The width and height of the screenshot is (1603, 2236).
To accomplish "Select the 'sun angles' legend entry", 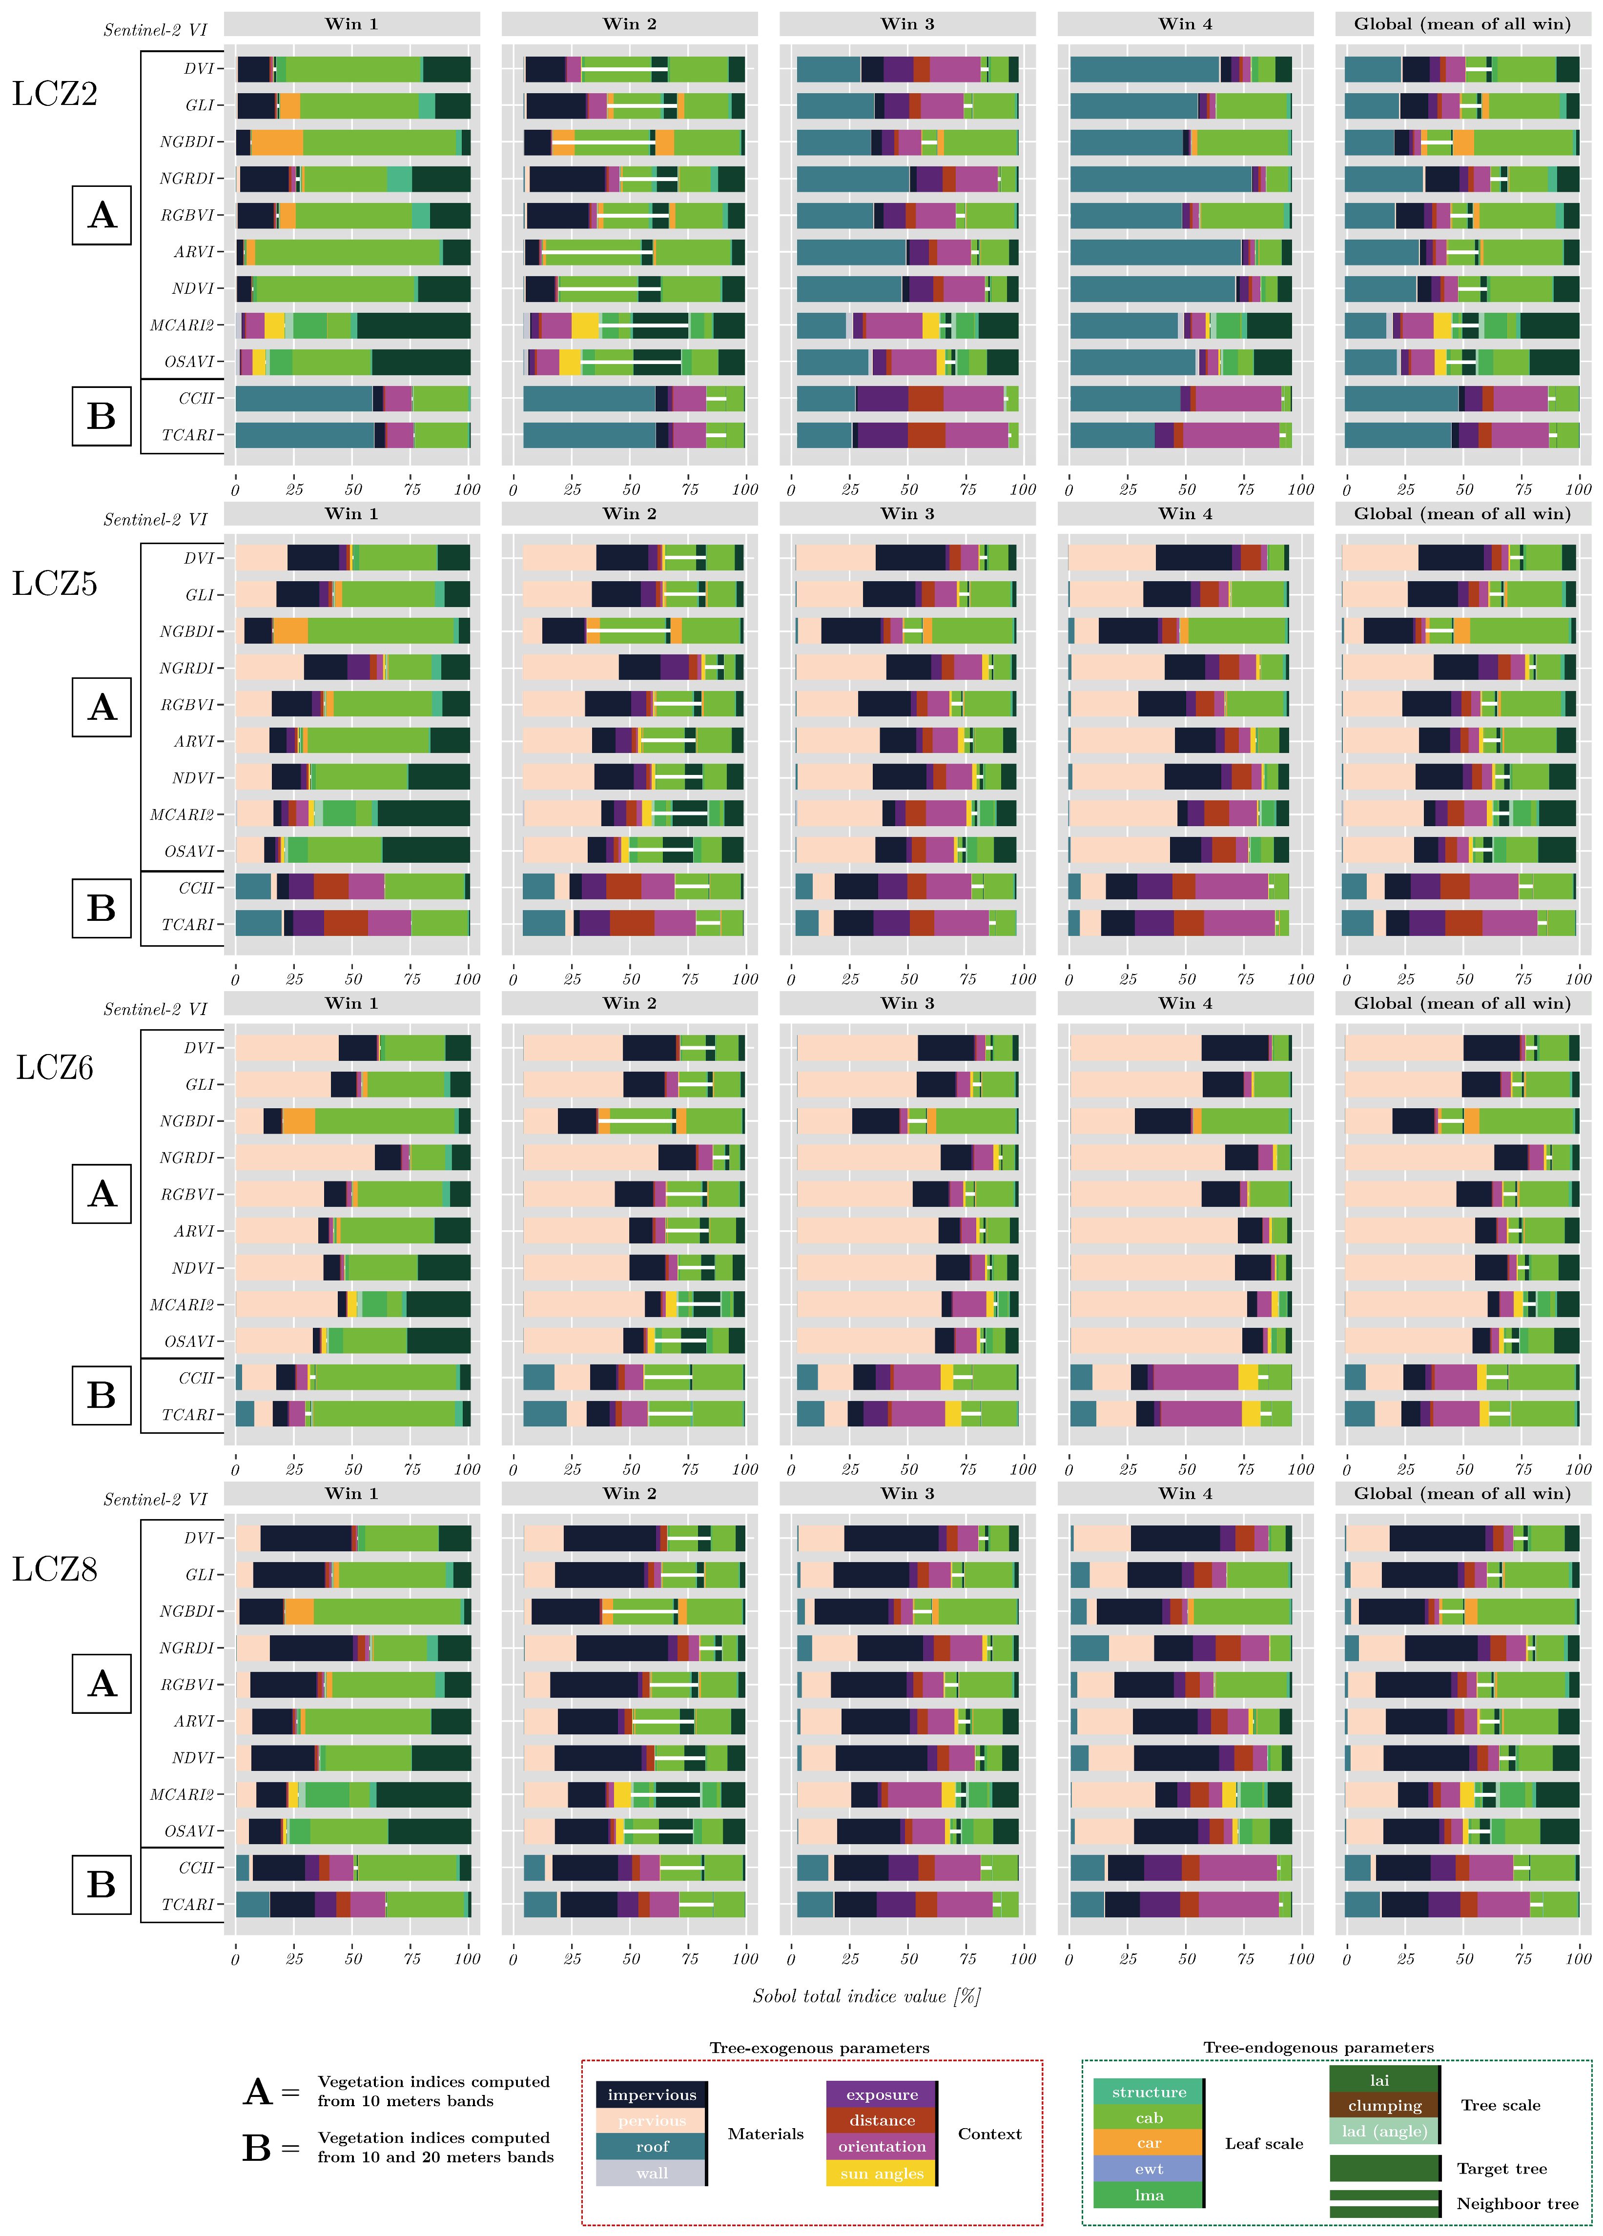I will tap(882, 2173).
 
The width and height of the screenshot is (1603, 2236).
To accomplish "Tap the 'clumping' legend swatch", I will tap(1384, 2105).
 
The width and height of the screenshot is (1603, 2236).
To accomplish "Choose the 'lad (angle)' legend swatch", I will tap(1384, 2131).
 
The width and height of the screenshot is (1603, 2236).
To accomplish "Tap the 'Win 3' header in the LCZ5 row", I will tap(907, 514).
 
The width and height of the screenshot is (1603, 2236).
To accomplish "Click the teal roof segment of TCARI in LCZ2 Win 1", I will tap(304, 435).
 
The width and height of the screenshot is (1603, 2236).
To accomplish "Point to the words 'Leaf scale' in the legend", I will tap(1264, 2143).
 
